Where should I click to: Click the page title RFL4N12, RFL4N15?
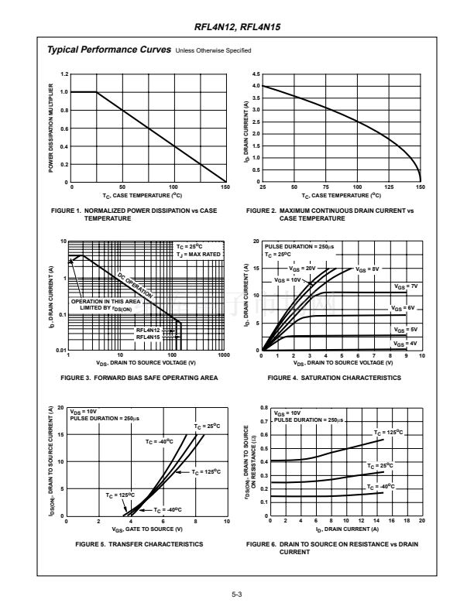click(x=237, y=26)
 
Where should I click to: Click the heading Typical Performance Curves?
click(x=109, y=50)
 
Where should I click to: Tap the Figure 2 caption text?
click(x=331, y=214)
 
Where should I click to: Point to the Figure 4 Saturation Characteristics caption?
click(x=334, y=378)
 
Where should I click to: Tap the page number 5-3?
click(x=237, y=594)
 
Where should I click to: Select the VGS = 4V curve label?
click(x=406, y=343)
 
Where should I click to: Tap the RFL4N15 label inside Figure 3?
click(x=148, y=337)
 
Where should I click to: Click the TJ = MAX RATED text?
click(x=198, y=254)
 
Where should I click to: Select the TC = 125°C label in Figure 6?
click(x=388, y=433)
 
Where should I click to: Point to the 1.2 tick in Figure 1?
click(x=64, y=74)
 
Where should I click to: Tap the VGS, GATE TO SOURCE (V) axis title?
click(x=146, y=529)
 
